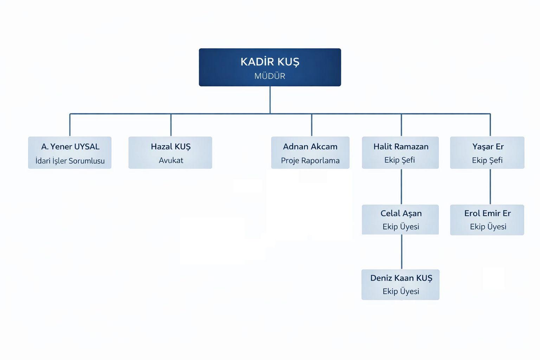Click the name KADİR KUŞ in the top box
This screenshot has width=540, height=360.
tap(270, 62)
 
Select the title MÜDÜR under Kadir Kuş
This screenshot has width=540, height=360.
tap(270, 76)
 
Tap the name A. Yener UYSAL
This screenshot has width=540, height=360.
tap(70, 147)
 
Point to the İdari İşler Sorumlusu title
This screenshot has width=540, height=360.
tap(70, 161)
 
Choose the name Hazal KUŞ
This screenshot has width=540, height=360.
tap(171, 147)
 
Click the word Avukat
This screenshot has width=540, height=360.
tap(171, 160)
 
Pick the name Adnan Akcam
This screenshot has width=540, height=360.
tap(310, 147)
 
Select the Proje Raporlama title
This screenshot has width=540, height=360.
tap(310, 161)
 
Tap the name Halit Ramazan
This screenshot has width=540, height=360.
tap(401, 147)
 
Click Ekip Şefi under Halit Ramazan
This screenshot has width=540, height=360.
tap(399, 160)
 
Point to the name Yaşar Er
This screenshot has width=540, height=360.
tap(488, 147)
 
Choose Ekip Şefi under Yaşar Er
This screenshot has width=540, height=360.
tap(487, 160)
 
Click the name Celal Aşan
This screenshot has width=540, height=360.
tap(401, 213)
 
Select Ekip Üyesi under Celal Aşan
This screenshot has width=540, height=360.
tap(401, 227)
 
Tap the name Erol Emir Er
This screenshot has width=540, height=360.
tap(487, 213)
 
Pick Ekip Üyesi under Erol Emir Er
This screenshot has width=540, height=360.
tap(488, 227)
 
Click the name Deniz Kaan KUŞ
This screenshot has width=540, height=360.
tap(401, 278)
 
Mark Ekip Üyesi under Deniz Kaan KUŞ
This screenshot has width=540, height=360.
tap(401, 291)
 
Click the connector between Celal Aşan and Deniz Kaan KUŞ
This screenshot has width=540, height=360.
tap(401, 252)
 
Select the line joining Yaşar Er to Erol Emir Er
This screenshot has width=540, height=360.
tap(490, 187)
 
